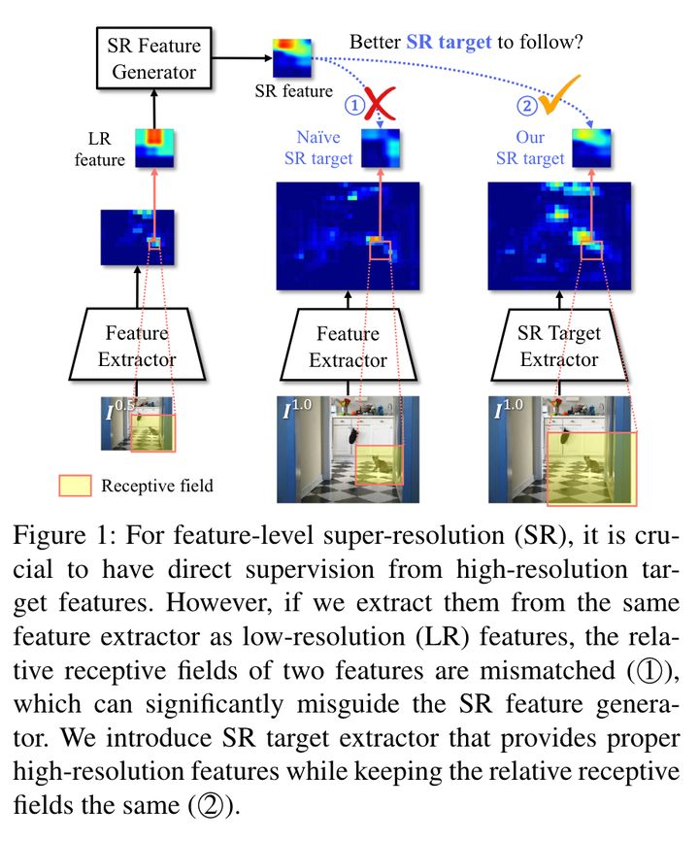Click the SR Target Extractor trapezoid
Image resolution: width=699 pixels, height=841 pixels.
point(559,346)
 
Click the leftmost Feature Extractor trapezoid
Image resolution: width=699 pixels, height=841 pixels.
point(136,346)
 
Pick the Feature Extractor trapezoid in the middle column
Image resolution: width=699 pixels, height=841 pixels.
point(348,346)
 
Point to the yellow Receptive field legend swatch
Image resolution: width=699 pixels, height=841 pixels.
point(76,486)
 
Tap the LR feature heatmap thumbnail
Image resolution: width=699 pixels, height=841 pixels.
point(152,148)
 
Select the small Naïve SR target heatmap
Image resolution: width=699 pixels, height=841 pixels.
point(382,149)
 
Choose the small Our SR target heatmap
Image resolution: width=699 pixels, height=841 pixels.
point(592,148)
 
